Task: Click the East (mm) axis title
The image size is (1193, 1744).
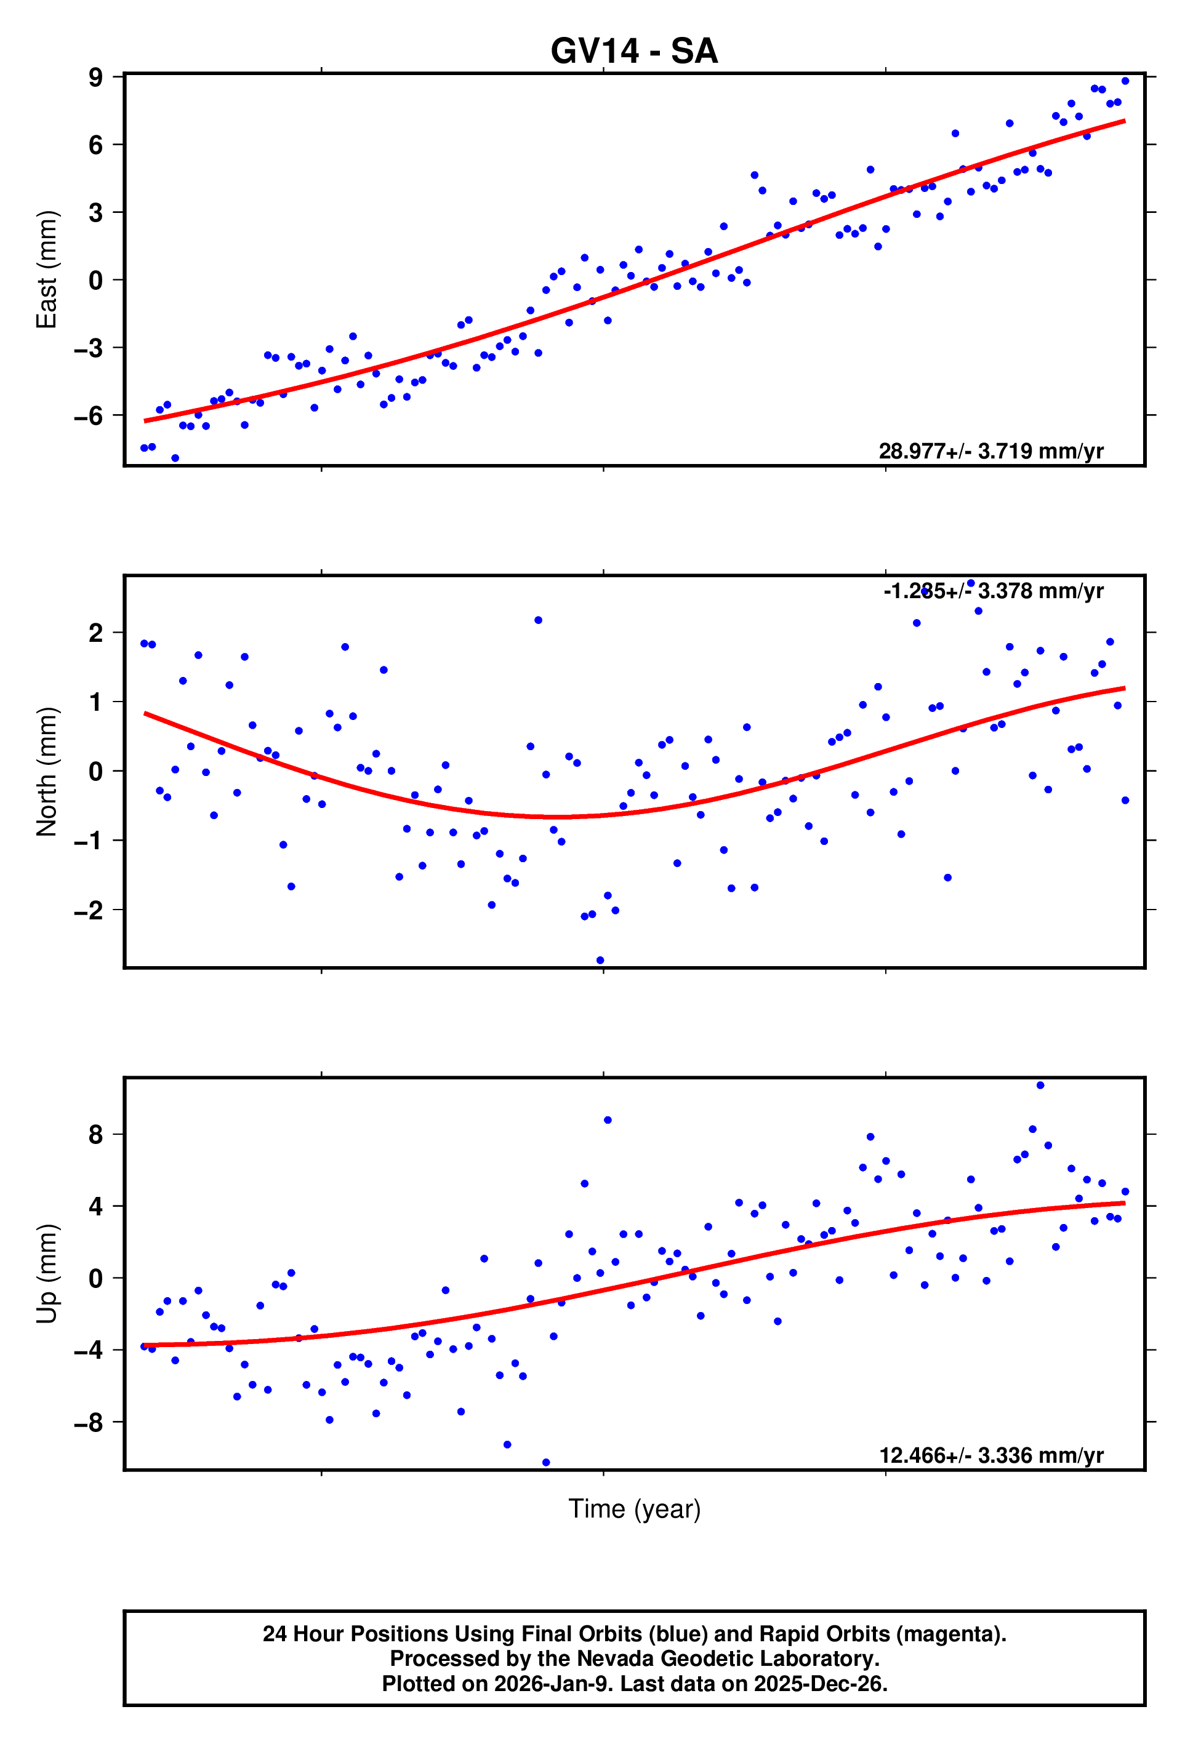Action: [x=47, y=270]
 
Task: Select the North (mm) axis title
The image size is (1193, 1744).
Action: [x=47, y=772]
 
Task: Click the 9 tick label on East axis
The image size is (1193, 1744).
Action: [x=95, y=78]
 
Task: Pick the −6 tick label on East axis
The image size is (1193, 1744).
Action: [x=89, y=416]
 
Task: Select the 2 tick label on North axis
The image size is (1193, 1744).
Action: [x=95, y=633]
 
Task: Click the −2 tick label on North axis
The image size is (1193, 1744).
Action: [x=89, y=910]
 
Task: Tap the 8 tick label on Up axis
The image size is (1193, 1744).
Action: [x=95, y=1135]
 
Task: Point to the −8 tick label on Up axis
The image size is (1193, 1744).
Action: [x=89, y=1422]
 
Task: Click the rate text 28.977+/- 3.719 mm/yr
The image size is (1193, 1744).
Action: [x=990, y=451]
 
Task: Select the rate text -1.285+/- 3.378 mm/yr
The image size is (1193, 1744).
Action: [x=992, y=591]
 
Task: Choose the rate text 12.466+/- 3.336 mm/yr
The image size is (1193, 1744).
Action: [x=990, y=1456]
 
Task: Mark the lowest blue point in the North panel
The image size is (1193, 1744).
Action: [x=600, y=961]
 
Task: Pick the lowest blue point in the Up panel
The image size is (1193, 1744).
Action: [x=546, y=1463]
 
